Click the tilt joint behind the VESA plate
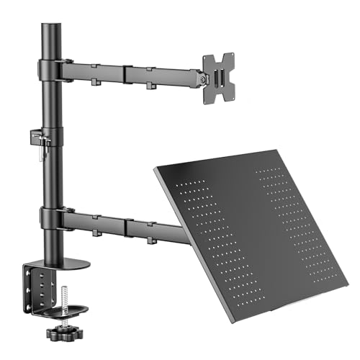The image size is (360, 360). pos(197,76)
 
